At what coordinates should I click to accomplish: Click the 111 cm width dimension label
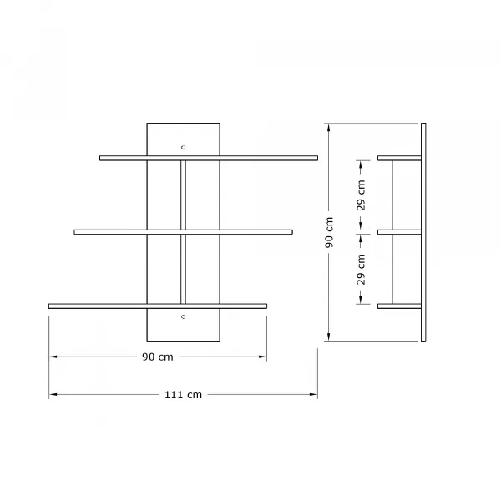[x=183, y=395]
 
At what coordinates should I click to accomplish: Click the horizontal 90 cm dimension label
[x=158, y=357]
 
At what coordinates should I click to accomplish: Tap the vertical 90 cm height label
[x=329, y=232]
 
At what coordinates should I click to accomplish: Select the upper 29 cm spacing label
[x=361, y=195]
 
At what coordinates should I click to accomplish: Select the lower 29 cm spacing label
[x=361, y=270]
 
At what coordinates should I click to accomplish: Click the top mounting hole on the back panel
[x=183, y=147]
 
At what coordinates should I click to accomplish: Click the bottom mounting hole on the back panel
[x=183, y=316]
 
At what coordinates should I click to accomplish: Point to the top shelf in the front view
[x=209, y=158]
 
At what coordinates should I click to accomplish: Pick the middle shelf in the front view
[x=183, y=232]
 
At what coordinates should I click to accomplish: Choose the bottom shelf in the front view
[x=158, y=306]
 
